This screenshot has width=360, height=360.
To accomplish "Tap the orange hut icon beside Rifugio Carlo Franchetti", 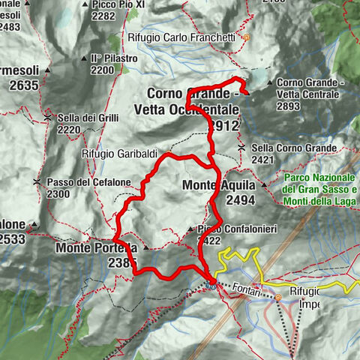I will (246, 37).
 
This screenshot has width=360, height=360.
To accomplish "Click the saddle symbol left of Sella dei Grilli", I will (49, 118).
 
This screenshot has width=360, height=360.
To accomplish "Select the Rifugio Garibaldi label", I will (114, 153).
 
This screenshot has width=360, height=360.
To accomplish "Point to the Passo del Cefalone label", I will (78, 182).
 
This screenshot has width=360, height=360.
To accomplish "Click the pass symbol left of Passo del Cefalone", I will (37, 182).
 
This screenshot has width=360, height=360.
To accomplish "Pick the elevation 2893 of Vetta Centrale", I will (309, 106).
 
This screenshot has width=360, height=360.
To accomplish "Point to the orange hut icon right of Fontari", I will (279, 297).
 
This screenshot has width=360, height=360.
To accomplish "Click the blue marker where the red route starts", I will (211, 284).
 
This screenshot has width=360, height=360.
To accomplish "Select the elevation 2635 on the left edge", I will (24, 86).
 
